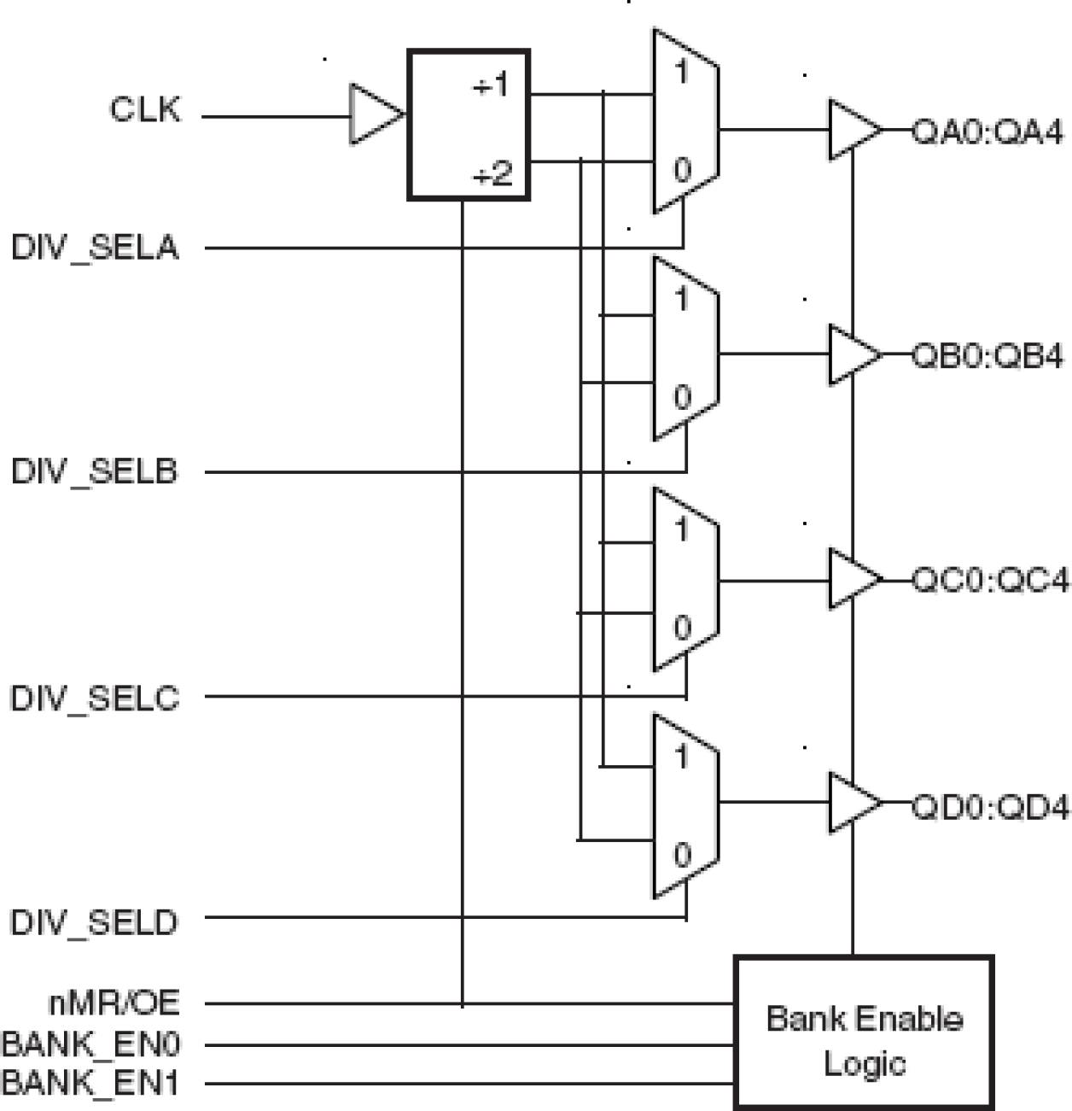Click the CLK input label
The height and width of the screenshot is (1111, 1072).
pyautogui.click(x=145, y=109)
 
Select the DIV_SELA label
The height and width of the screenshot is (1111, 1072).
pyautogui.click(x=95, y=248)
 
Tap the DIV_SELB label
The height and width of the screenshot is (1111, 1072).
pyautogui.click(x=95, y=471)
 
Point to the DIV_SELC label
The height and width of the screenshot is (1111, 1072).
pyautogui.click(x=95, y=698)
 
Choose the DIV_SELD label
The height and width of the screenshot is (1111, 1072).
pyautogui.click(x=95, y=922)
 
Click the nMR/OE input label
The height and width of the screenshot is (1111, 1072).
pyautogui.click(x=114, y=1003)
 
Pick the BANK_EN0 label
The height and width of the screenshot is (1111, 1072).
pyautogui.click(x=91, y=1044)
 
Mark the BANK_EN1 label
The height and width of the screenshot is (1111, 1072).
pyautogui.click(x=91, y=1083)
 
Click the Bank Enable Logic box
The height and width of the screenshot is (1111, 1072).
pyautogui.click(x=864, y=1032)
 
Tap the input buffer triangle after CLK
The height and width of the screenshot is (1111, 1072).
pyautogui.click(x=374, y=114)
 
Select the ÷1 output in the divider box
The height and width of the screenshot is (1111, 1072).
pyautogui.click(x=491, y=85)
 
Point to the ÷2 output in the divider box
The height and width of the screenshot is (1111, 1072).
pyautogui.click(x=492, y=174)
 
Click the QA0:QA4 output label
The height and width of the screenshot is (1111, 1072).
pyautogui.click(x=988, y=132)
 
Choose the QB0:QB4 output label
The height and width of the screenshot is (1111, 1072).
pyautogui.click(x=988, y=356)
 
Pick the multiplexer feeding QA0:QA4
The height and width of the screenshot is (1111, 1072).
pyautogui.click(x=685, y=121)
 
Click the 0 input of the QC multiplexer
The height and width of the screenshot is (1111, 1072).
pyautogui.click(x=682, y=628)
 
